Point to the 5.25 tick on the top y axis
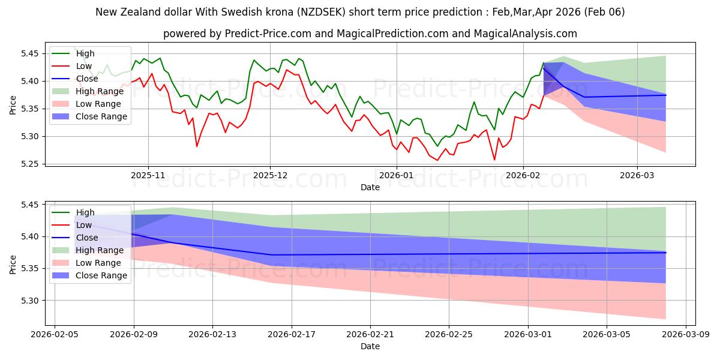[30, 164]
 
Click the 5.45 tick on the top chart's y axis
[30, 53]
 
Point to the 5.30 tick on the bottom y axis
[30, 301]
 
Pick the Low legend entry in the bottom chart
[84, 225]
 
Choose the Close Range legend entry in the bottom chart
[101, 275]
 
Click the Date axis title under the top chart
[370, 188]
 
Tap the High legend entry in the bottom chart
[85, 212]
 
